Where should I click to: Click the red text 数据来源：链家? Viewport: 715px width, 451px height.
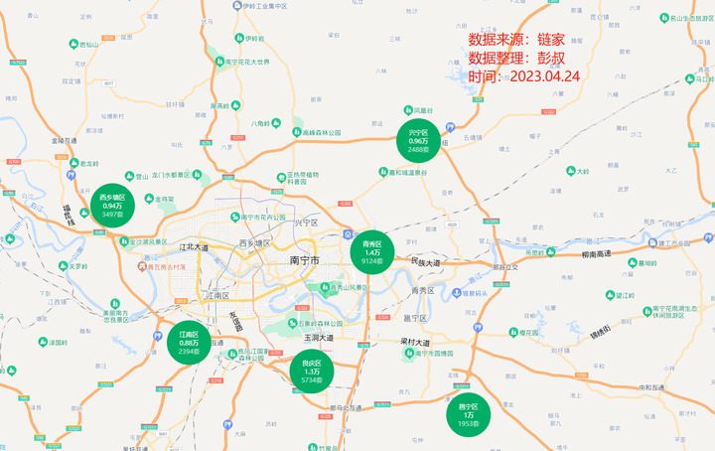point(516,41)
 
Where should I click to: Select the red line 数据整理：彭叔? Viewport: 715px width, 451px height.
point(516,59)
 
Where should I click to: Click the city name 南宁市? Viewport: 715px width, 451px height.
point(305,260)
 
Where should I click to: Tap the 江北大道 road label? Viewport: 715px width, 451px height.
point(195,246)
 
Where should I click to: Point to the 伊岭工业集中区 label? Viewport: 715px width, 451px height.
point(260,6)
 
